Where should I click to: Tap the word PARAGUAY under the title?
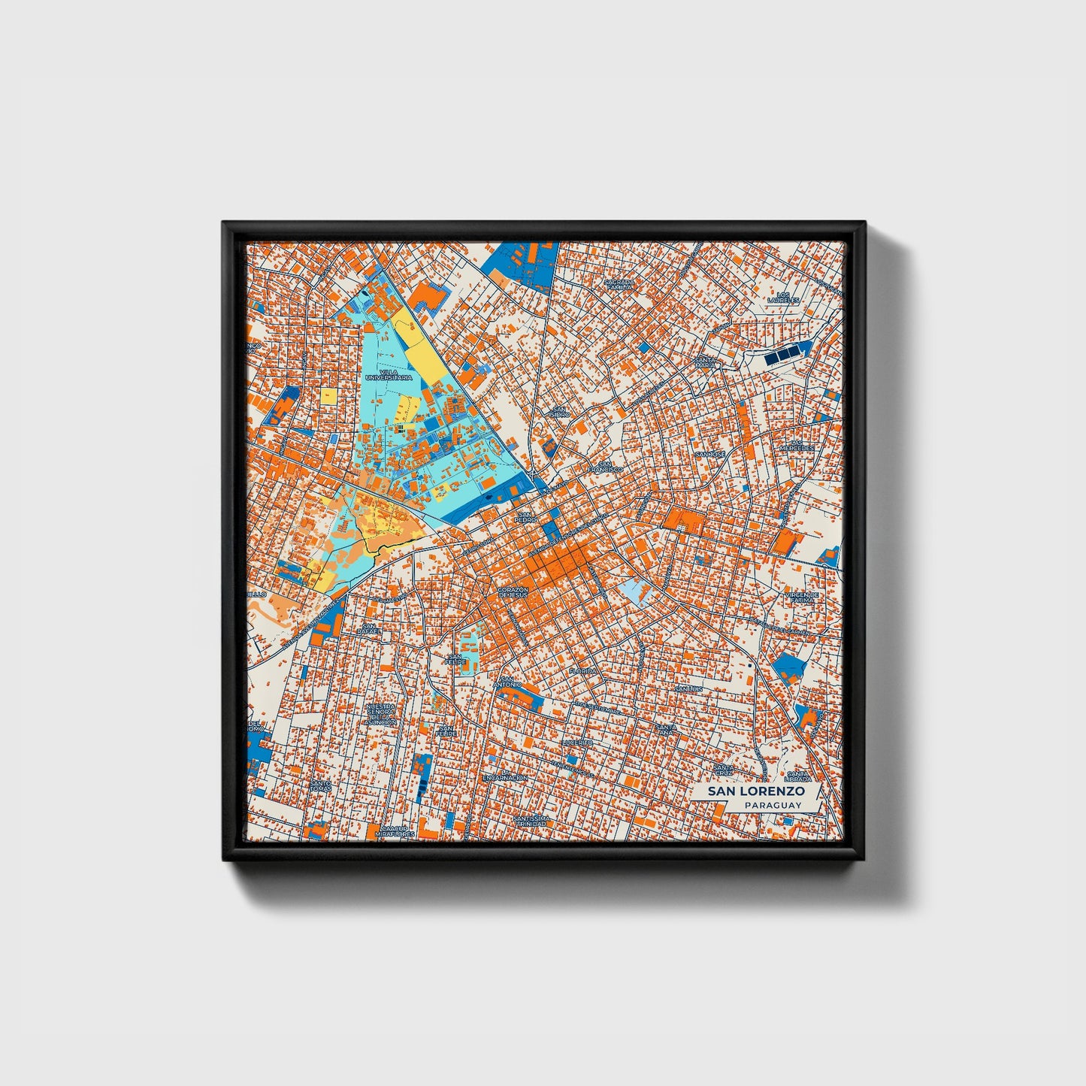pos(773,805)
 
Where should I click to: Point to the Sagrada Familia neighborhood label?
pos(619,284)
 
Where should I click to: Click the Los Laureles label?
pos(783,298)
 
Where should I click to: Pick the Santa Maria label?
pos(704,363)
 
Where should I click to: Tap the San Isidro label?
pos(558,413)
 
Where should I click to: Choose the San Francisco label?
pos(605,467)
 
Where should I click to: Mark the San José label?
pos(709,455)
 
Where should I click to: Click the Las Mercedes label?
pos(796,446)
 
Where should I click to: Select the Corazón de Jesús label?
pos(513,592)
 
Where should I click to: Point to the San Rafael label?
pos(369,629)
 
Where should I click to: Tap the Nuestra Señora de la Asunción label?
pos(380,715)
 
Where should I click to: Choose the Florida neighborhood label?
pos(582,671)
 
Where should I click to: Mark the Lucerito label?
pos(577,743)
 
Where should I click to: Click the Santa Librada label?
pos(797,775)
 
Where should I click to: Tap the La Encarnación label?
pos(505,778)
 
